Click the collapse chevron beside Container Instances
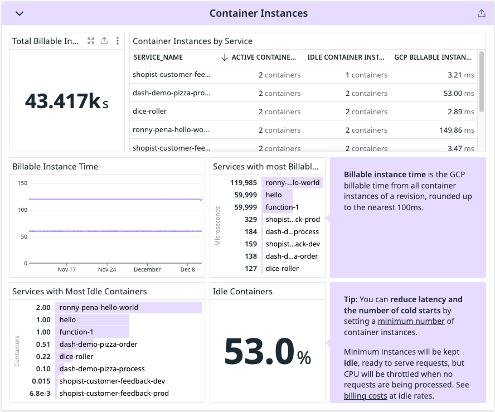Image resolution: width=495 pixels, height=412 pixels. coord(20,13)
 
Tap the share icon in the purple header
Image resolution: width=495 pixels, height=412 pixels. coord(482,13)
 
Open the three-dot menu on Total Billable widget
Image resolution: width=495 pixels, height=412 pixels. coord(117,41)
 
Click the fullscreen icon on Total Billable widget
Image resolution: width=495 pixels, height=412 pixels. coord(91,41)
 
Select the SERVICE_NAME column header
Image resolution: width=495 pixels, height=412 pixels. coord(158,57)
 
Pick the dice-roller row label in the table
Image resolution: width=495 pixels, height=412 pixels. coord(149,112)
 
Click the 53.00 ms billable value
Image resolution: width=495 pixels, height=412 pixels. coord(460,93)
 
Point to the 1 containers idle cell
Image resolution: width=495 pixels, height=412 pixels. coord(366,75)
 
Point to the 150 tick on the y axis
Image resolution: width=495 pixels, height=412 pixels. coord(22,183)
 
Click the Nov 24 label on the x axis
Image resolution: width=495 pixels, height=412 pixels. coord(106,270)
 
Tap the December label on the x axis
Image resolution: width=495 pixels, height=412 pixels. coord(147,270)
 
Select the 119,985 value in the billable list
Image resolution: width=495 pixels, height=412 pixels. coord(243,182)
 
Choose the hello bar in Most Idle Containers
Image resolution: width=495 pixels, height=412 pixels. coord(92,320)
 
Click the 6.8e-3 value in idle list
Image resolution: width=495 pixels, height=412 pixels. coord(40,394)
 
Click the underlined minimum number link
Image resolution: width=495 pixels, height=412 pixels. coord(411,321)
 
